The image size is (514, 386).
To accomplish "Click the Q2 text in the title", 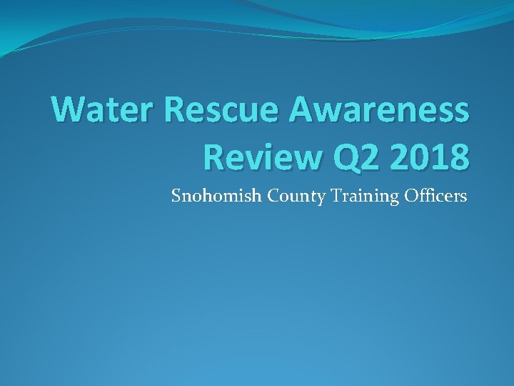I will pos(346,156).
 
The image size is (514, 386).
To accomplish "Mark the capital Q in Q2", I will pos(333,156).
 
